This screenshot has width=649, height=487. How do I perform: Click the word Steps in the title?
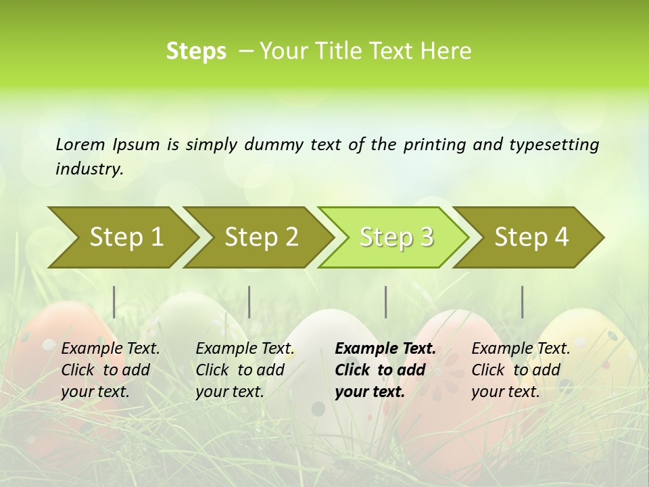click(x=196, y=51)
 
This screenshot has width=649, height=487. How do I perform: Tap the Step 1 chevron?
click(x=126, y=237)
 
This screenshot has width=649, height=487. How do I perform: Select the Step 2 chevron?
click(x=261, y=237)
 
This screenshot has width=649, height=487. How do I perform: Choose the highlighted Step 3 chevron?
click(x=396, y=237)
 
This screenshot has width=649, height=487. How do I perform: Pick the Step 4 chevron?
click(x=531, y=237)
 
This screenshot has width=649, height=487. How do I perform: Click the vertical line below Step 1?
click(x=114, y=302)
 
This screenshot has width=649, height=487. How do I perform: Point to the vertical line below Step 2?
click(x=249, y=302)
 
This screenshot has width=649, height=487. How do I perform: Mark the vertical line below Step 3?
click(x=386, y=302)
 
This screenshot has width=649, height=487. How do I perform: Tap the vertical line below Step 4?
click(x=523, y=302)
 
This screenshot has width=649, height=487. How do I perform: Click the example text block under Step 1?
click(x=110, y=370)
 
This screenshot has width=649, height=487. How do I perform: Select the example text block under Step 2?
click(x=245, y=370)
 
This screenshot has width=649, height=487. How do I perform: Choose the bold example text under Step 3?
click(x=385, y=370)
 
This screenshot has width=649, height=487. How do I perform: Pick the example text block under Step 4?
click(x=521, y=370)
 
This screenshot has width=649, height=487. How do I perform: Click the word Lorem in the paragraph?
click(x=80, y=144)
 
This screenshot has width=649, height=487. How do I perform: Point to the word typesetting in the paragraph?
click(x=553, y=144)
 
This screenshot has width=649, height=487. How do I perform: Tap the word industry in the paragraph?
click(x=89, y=169)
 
